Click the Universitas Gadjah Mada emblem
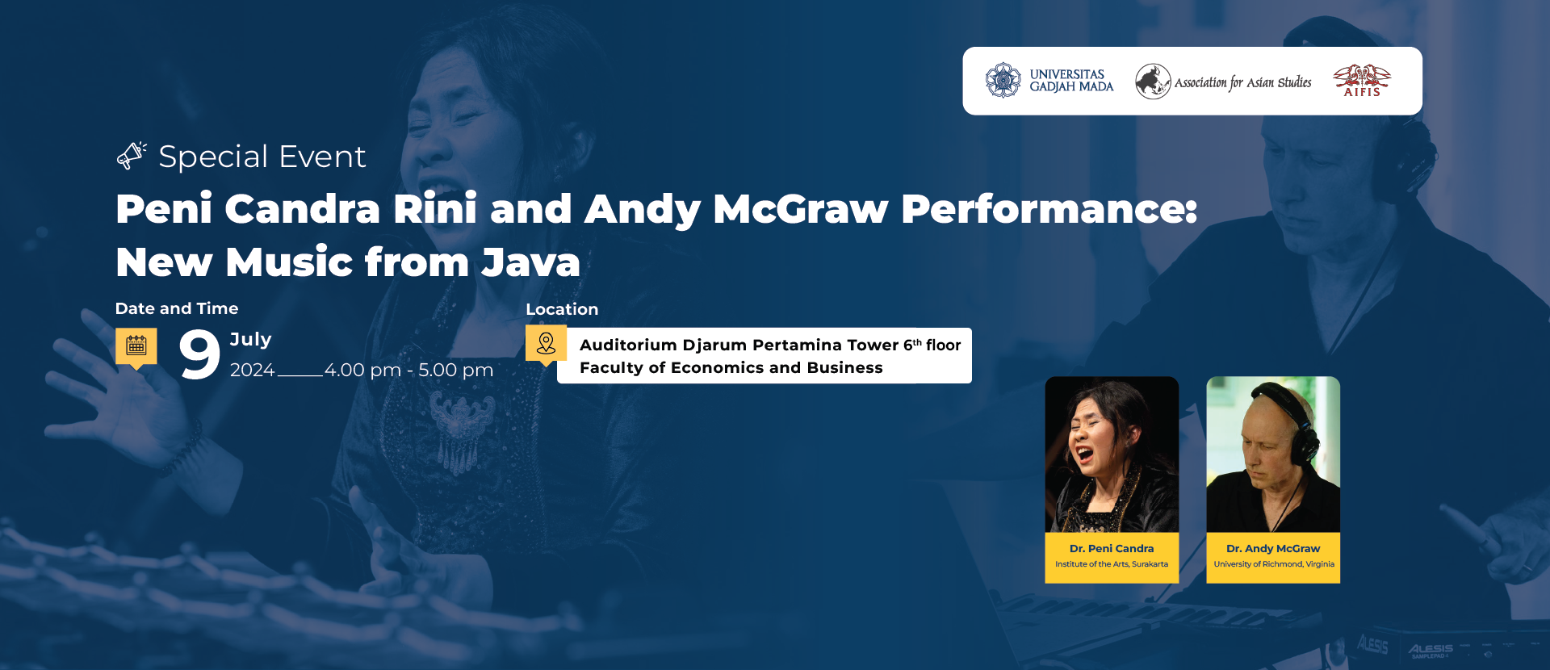[x=1003, y=81]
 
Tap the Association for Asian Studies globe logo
[x=1153, y=82]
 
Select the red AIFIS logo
[x=1362, y=81]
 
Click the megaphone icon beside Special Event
[x=132, y=155]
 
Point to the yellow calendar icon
[x=136, y=347]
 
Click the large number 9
[x=199, y=354]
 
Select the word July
[x=251, y=340]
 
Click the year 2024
[x=253, y=370]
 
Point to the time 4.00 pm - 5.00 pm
[x=408, y=370]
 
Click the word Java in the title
[x=530, y=262]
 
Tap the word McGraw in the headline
[x=801, y=209]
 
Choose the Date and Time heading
[x=177, y=308]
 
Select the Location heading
[x=562, y=309]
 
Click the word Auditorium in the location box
[x=628, y=345]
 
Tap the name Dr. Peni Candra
[x=1112, y=548]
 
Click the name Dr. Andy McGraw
[x=1273, y=548]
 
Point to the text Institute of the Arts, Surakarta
[x=1112, y=564]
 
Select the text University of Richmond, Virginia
[x=1274, y=564]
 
